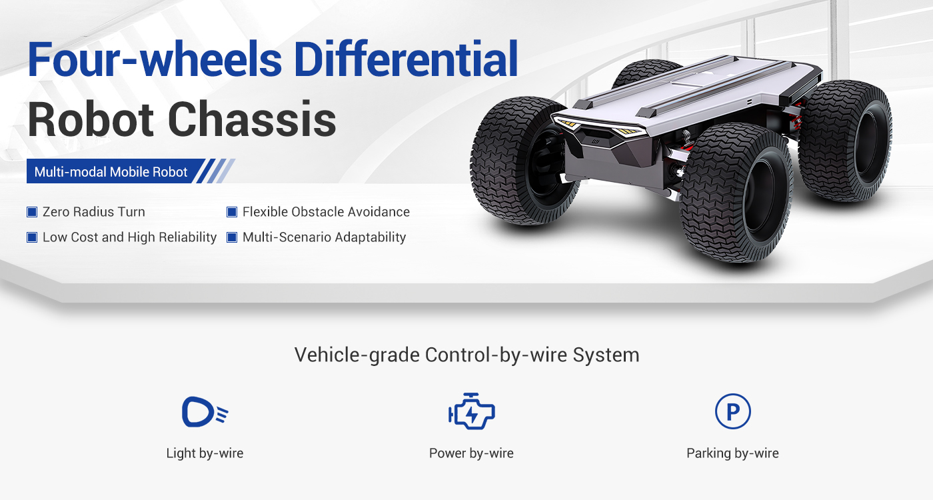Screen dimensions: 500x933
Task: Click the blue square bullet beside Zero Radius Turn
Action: pos(31,212)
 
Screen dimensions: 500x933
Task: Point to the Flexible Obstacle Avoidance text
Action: pos(326,212)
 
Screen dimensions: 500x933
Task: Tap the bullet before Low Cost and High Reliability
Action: pos(31,237)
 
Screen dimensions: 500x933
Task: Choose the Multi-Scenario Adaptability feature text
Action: pos(324,237)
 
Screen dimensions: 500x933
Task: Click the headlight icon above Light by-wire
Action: pos(204,412)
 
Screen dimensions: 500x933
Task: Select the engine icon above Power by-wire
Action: pos(471,413)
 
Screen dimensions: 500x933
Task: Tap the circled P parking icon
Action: pos(732,412)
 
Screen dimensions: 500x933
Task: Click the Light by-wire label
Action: pos(205,453)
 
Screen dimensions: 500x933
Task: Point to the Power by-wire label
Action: pos(471,453)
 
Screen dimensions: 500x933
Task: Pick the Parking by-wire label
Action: pos(732,453)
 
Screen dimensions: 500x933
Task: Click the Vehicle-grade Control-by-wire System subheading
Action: pos(467,355)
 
